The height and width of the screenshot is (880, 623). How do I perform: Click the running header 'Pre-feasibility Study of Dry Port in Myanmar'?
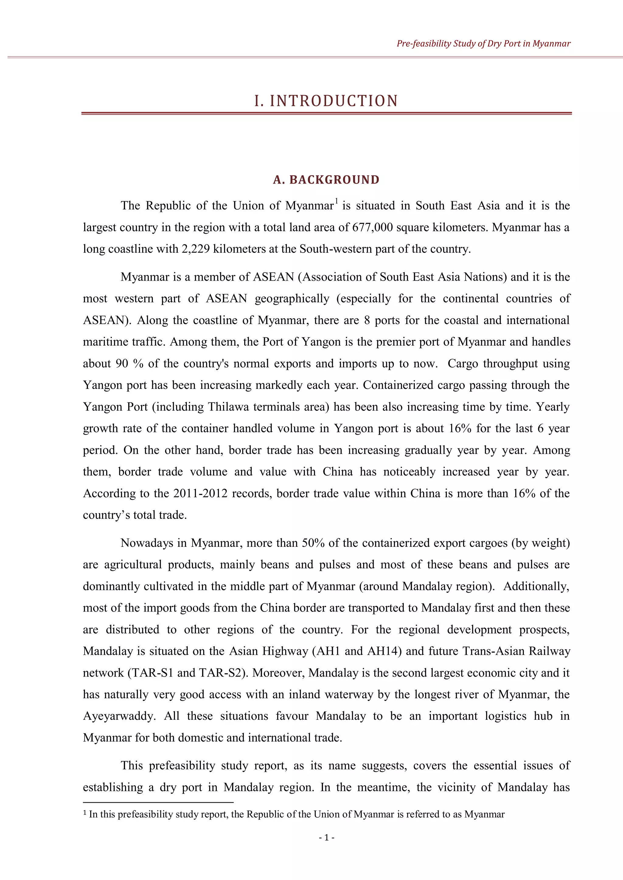click(x=483, y=44)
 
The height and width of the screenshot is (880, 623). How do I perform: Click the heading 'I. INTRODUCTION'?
click(x=326, y=101)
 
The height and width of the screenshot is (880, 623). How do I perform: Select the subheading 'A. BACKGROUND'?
click(x=326, y=180)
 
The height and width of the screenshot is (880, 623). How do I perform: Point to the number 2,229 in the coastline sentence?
click(x=196, y=249)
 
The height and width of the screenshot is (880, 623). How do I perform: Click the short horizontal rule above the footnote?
click(x=158, y=802)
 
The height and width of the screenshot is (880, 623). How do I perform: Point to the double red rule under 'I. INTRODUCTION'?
click(x=326, y=113)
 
